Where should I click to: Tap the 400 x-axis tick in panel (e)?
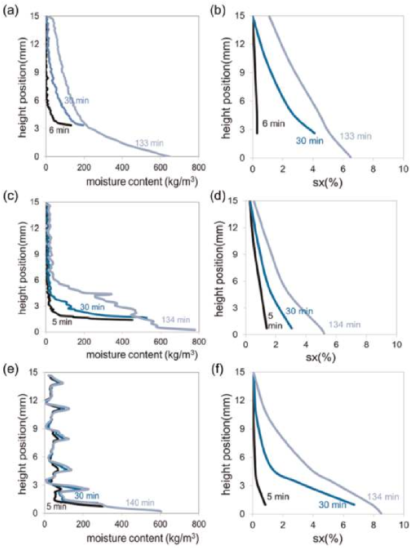(121, 525)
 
